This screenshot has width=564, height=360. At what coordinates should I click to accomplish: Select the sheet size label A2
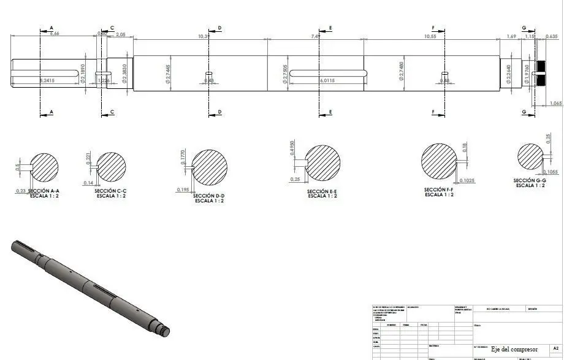555,348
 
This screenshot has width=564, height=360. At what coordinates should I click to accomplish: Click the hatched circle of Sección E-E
323,163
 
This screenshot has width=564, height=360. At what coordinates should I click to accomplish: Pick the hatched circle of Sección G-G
531,157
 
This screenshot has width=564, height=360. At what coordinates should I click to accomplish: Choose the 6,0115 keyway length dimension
327,80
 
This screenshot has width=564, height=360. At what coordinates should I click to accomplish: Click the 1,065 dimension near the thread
555,103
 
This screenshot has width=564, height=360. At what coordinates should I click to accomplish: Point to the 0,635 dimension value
551,37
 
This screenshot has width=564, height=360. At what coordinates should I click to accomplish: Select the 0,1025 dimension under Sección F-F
466,180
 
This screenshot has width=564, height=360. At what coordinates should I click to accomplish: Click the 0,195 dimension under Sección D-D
183,190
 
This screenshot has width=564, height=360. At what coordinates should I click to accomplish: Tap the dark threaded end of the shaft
541,73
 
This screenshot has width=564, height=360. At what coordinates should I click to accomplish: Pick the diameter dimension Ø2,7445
168,74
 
